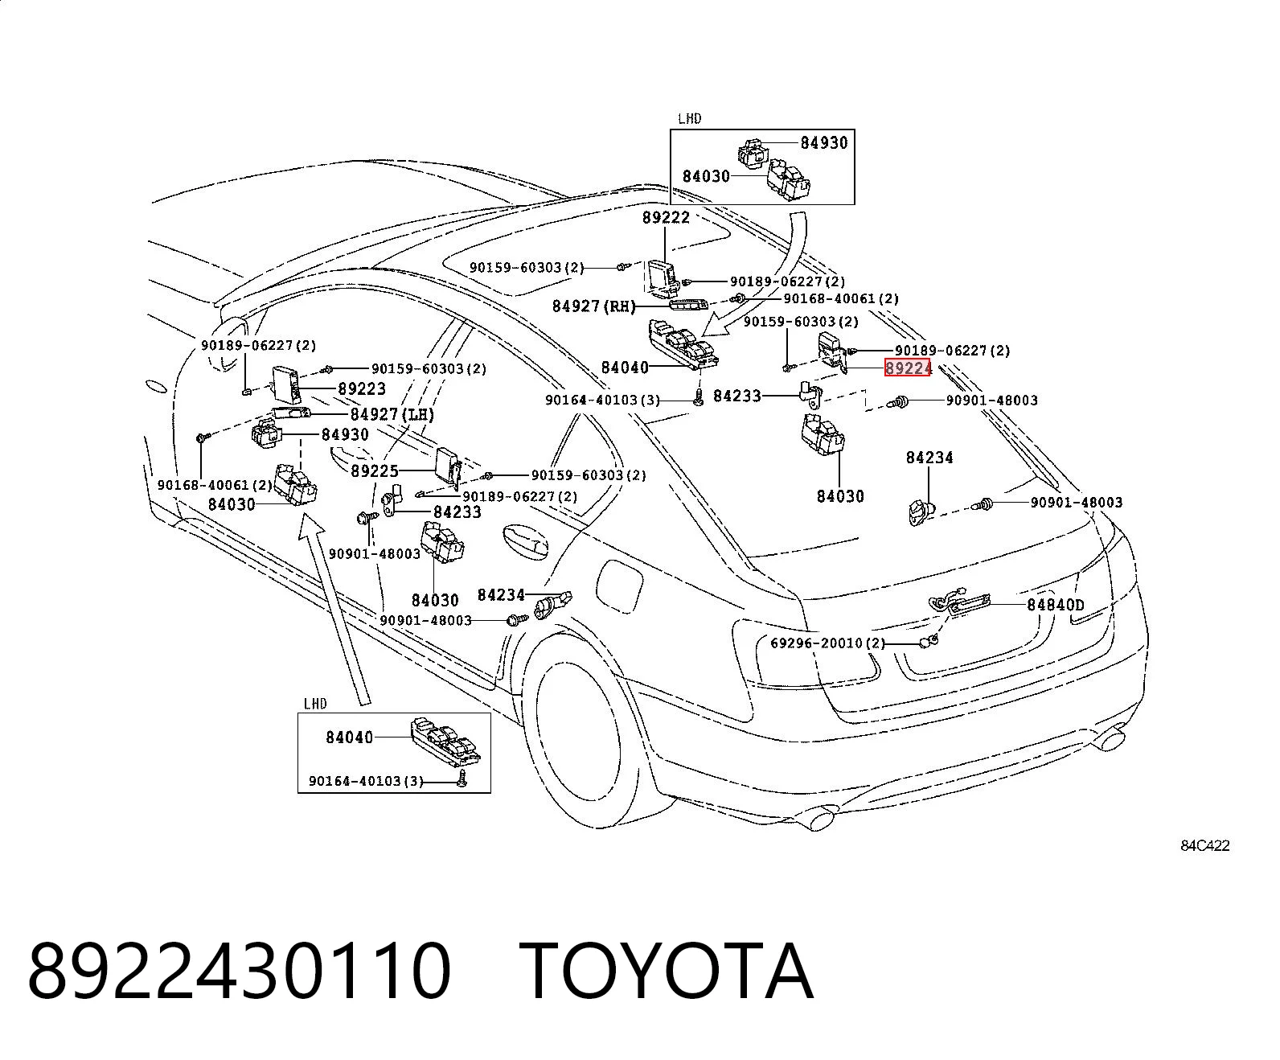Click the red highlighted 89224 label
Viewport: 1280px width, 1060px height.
tap(907, 368)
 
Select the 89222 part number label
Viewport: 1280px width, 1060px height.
tap(666, 218)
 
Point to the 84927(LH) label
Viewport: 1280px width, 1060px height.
tap(392, 415)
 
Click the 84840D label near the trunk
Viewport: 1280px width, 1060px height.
tap(1056, 605)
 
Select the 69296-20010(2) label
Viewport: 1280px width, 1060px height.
tap(827, 643)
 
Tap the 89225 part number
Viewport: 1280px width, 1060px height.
tap(375, 471)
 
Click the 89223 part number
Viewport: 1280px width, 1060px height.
tap(362, 389)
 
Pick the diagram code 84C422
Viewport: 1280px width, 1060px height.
tap(1204, 846)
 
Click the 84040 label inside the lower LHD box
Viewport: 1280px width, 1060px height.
tap(350, 737)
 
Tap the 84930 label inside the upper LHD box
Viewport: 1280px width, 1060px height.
tap(824, 143)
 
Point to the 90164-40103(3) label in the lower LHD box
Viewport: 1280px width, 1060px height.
tap(366, 782)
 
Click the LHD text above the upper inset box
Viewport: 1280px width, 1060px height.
tap(690, 119)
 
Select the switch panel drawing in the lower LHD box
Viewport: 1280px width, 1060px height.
tap(450, 742)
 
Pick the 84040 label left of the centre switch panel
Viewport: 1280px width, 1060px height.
tap(625, 368)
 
